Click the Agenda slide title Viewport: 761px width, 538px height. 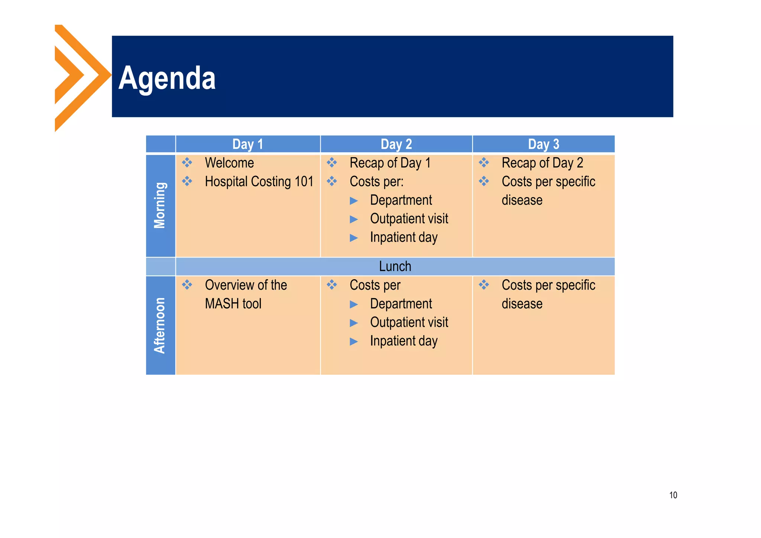(167, 78)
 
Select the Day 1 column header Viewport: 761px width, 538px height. (247, 144)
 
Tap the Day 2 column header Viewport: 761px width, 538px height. (396, 144)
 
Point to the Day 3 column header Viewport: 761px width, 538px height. (543, 144)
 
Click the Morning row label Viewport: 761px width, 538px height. (160, 205)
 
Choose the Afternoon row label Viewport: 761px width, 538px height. (160, 325)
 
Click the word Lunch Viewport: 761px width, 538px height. (395, 267)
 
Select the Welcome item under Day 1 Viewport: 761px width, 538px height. (229, 163)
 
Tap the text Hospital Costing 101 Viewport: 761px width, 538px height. (259, 181)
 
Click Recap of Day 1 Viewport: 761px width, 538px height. (390, 163)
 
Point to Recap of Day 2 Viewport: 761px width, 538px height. (542, 163)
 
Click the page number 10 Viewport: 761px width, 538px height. (673, 495)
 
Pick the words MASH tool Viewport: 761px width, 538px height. (233, 304)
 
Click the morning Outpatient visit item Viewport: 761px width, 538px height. (409, 219)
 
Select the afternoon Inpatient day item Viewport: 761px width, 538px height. (404, 341)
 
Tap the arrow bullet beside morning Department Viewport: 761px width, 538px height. (354, 201)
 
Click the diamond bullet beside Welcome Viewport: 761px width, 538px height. (187, 162)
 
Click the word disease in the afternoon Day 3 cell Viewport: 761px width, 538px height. (522, 304)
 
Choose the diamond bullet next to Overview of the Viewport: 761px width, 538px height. (187, 285)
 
